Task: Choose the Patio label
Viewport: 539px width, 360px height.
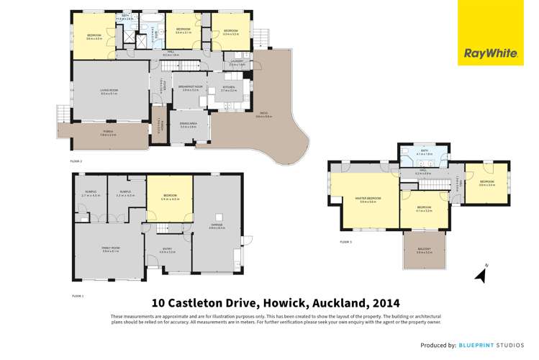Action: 263,117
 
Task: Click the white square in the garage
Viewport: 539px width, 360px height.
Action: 222,217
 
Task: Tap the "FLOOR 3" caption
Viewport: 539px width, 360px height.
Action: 345,242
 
